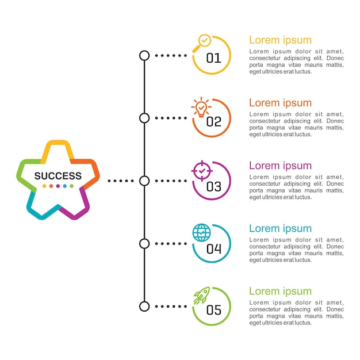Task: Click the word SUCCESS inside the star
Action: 58,176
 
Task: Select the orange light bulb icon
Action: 201,107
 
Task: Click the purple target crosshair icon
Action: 202,171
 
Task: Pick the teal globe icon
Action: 201,233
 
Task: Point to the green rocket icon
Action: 202,296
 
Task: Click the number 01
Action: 214,58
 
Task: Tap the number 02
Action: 214,121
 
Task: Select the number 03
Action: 214,186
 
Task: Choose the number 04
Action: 214,248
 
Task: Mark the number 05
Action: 214,310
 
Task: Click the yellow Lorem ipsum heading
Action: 280,40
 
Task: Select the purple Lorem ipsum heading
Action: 280,166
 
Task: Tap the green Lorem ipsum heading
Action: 280,292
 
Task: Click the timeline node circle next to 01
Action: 144,56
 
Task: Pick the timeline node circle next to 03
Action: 144,181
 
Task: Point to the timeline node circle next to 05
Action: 144,307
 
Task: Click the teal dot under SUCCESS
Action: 65,186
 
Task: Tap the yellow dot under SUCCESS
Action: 44,186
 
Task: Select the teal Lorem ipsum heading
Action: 280,229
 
